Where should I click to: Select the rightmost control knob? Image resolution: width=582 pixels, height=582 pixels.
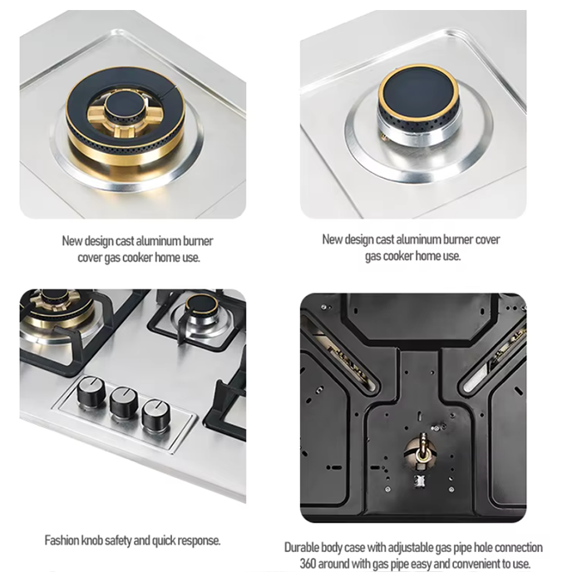(156, 415)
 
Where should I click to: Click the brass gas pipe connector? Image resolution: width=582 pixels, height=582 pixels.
(422, 451)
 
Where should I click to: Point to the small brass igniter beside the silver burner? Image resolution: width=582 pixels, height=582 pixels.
(384, 137)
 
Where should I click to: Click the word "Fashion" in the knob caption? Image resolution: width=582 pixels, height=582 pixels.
(62, 540)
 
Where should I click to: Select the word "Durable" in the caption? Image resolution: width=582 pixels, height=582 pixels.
(301, 547)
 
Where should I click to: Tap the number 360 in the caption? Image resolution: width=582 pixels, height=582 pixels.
(308, 564)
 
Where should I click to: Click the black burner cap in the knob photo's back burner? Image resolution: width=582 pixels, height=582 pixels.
(202, 304)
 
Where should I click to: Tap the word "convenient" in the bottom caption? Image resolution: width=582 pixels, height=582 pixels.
(478, 564)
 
